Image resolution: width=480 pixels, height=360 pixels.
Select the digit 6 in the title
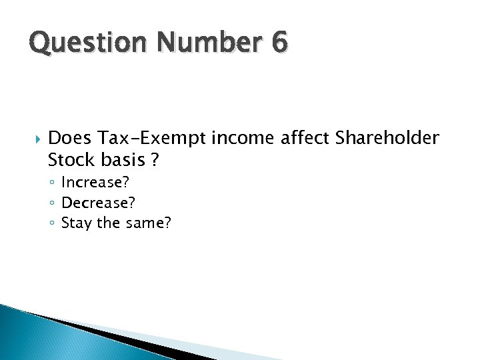click(x=279, y=42)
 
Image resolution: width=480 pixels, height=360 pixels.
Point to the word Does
click(x=70, y=139)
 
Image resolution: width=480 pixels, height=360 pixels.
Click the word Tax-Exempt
click(x=152, y=139)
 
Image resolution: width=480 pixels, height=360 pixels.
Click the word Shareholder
click(x=387, y=139)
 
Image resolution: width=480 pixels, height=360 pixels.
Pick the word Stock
click(x=70, y=161)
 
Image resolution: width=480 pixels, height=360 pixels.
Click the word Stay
click(x=77, y=223)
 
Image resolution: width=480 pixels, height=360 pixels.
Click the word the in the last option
click(x=108, y=223)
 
